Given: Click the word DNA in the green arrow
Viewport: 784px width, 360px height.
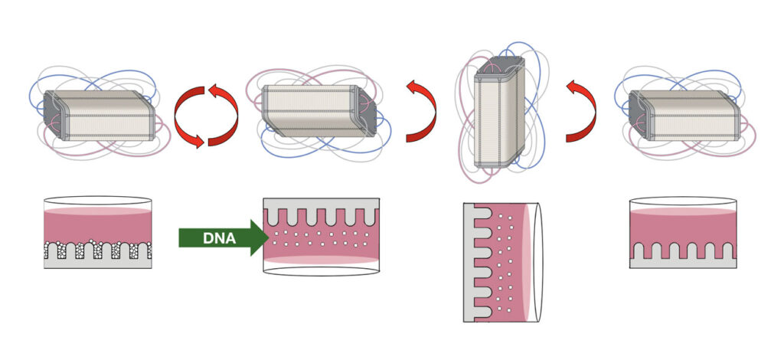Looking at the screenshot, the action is click(219, 238).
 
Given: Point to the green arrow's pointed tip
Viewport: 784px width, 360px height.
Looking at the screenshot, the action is click(269, 237).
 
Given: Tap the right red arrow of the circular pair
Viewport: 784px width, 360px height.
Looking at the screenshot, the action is click(223, 116).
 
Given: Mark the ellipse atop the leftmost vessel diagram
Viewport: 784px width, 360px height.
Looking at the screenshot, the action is click(97, 201).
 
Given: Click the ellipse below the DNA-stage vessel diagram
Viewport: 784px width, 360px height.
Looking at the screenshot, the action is click(322, 271).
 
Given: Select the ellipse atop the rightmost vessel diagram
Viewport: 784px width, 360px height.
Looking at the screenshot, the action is click(683, 201).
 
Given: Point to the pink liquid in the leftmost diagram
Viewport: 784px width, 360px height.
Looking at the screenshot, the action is click(97, 226).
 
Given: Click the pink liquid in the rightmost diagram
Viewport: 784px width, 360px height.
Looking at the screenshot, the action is click(683, 227).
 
